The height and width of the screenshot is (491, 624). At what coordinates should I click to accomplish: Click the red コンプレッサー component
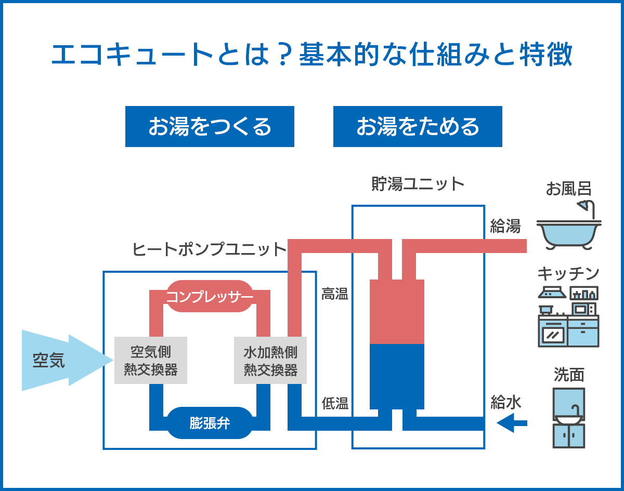pos(210,297)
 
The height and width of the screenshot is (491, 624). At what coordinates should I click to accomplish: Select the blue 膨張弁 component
pos(210,423)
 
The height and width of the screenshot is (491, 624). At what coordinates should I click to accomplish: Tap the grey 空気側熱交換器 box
pos(151,361)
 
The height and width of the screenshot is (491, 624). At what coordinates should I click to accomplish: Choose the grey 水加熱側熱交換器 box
pos(270,361)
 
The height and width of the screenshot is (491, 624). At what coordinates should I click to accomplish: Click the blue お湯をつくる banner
pos(210,126)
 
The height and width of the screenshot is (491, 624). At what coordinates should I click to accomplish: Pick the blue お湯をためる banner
pos(418,126)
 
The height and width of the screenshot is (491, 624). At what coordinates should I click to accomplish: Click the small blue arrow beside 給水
pos(512,423)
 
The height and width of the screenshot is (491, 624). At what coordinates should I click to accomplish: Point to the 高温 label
pos(335,294)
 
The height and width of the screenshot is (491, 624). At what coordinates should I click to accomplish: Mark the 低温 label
pos(335,403)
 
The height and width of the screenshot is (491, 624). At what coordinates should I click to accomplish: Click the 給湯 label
pos(505,227)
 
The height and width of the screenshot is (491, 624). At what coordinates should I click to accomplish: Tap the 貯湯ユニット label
pos(418,184)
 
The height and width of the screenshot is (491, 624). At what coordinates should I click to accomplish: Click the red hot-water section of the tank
pos(397,312)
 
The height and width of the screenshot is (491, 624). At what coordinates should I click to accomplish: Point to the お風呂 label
pos(569,189)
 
